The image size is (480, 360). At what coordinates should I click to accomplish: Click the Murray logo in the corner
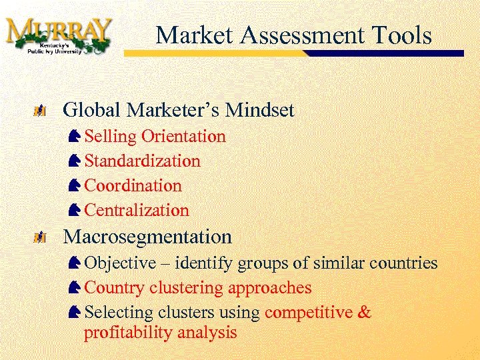pos(59,36)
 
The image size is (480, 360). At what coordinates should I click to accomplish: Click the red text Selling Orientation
pos(155,137)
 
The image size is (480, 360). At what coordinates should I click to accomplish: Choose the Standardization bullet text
pos(143,161)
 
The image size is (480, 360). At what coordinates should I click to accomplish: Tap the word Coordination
pos(133,186)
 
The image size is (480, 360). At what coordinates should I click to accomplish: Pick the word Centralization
pos(137,211)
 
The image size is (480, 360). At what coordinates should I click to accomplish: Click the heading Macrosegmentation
pos(147,237)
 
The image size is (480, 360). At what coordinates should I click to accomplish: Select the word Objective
pos(118,263)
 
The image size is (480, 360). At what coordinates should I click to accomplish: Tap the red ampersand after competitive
pos(365,313)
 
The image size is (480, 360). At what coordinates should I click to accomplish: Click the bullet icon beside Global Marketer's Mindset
pos(42,110)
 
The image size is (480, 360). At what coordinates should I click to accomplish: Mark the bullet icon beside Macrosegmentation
pos(42,237)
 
